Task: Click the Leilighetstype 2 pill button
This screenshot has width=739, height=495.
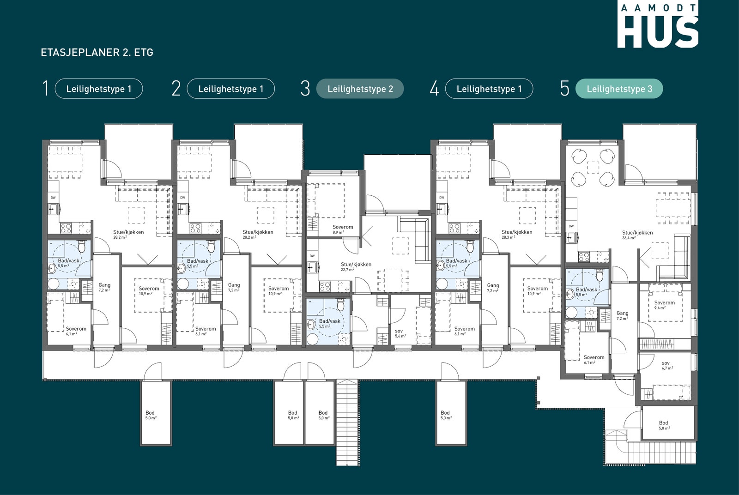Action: (x=360, y=89)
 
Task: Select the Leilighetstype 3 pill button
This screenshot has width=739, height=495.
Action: (x=619, y=89)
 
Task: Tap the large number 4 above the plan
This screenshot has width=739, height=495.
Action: (x=434, y=89)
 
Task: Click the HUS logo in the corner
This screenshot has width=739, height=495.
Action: (x=658, y=25)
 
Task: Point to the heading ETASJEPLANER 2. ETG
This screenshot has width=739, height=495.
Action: (x=97, y=53)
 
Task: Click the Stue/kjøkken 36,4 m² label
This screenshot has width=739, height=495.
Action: (x=637, y=235)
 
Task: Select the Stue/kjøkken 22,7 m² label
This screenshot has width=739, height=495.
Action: (x=356, y=266)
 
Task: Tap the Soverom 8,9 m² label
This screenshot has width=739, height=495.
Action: (x=343, y=229)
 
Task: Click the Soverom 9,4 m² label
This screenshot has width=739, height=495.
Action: (x=665, y=305)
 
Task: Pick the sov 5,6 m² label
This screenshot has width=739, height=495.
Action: (x=400, y=333)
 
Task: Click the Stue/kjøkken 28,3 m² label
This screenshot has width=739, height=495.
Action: (x=517, y=234)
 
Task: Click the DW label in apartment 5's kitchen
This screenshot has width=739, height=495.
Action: (x=571, y=226)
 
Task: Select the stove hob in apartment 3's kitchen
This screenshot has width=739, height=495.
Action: (x=325, y=286)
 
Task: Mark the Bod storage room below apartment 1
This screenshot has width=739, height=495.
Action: (x=156, y=413)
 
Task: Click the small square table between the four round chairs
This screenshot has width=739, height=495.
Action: (x=593, y=168)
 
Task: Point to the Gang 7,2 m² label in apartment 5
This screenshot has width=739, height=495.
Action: (x=622, y=315)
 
